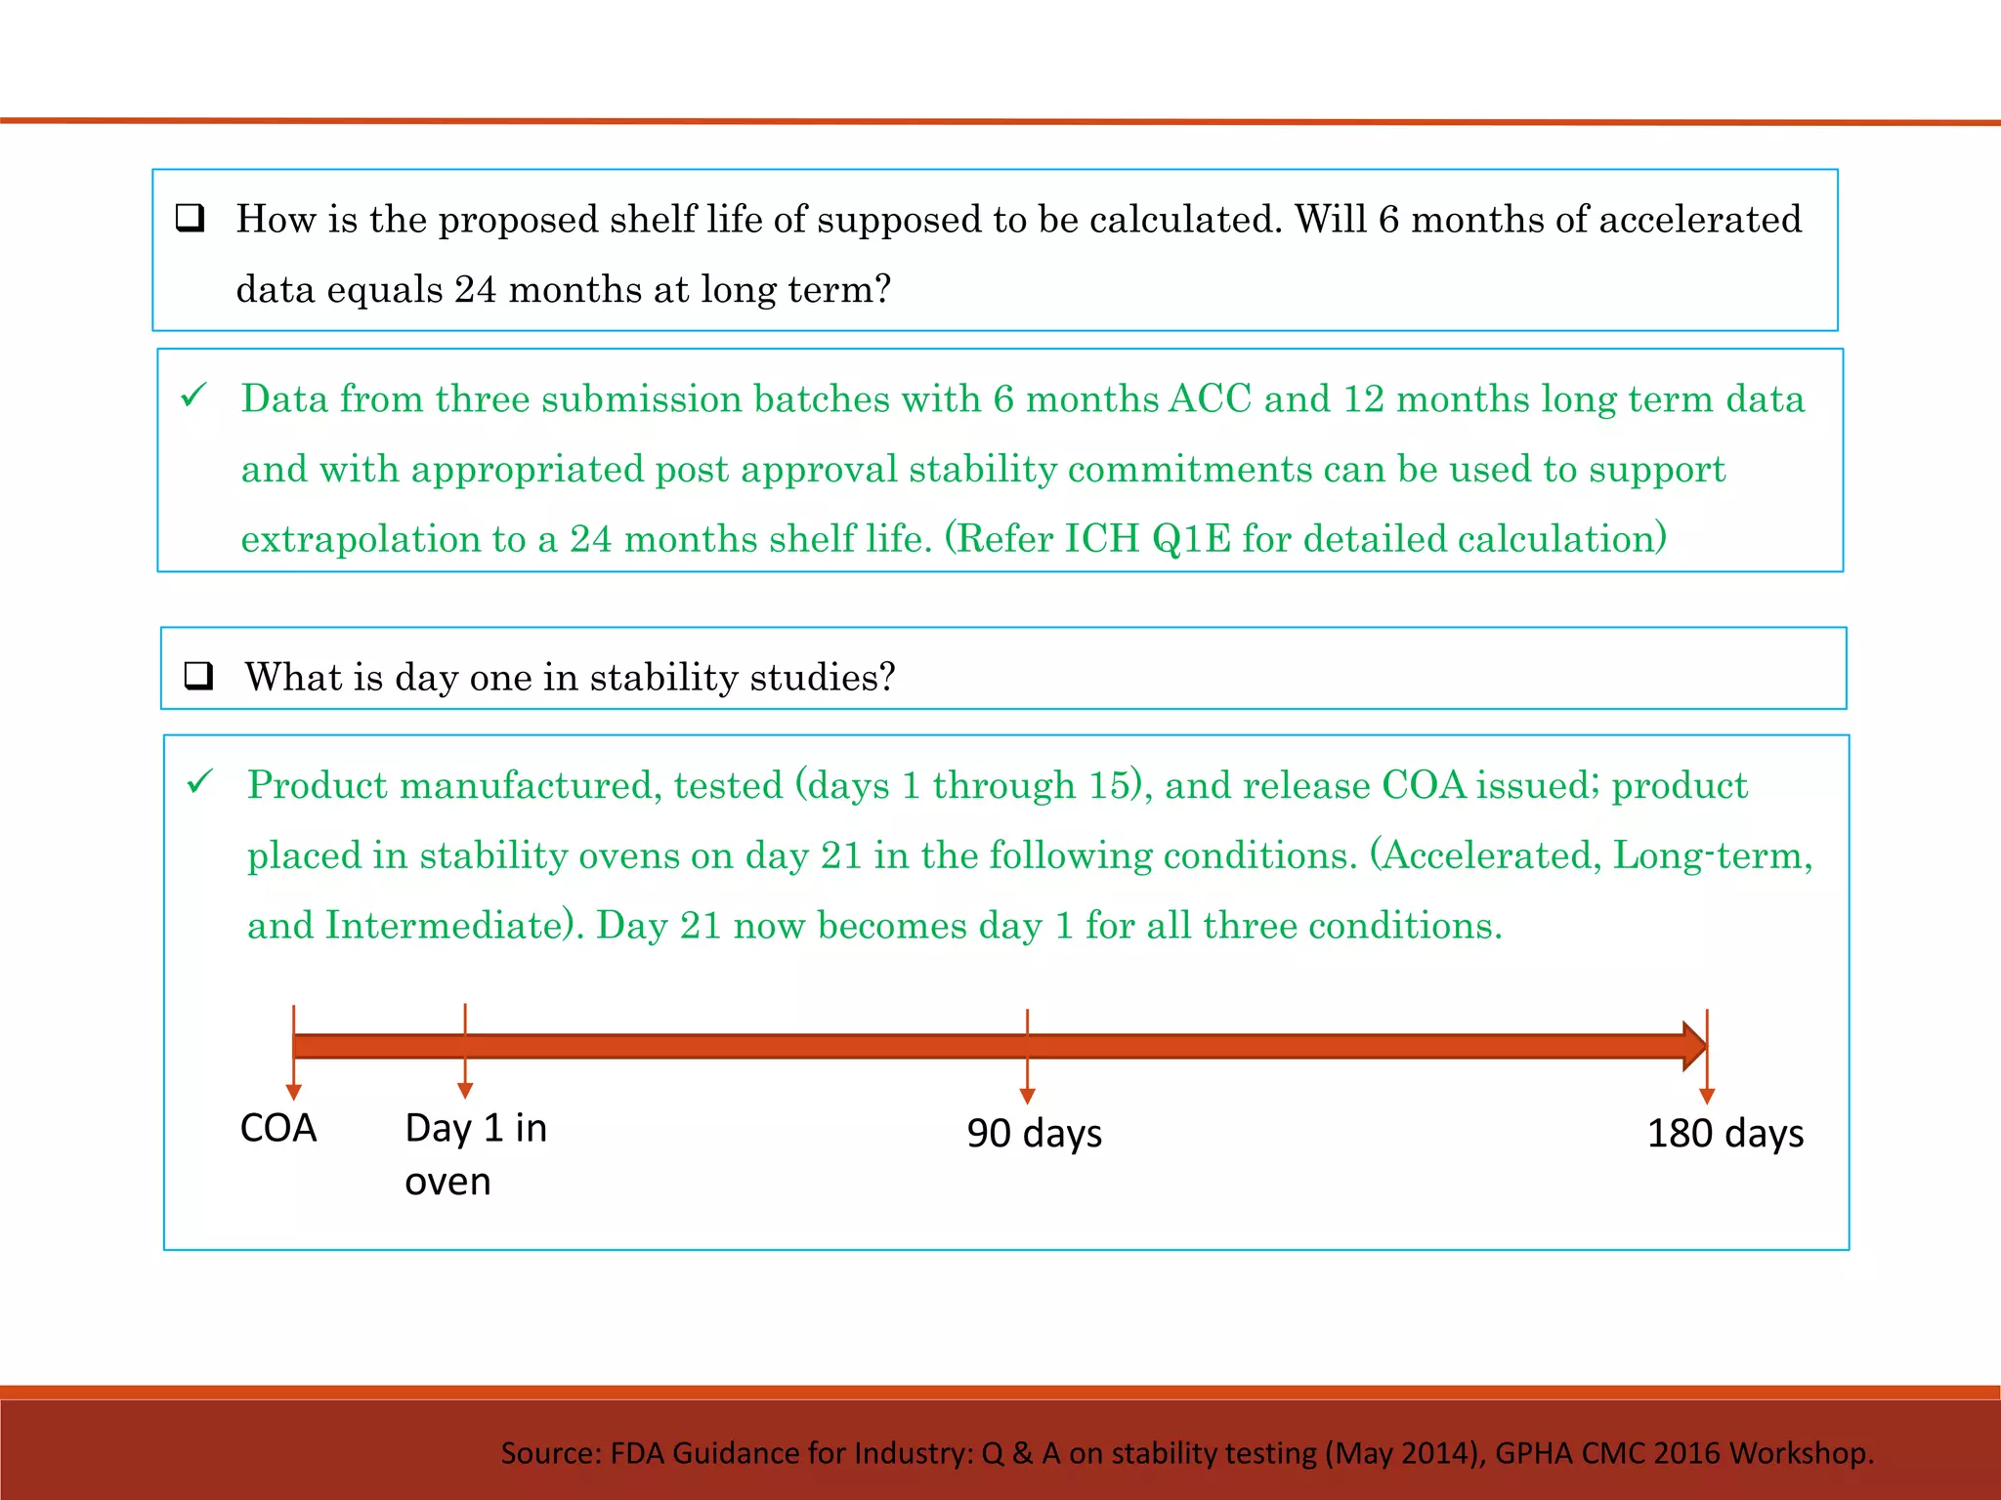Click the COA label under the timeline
(278, 1129)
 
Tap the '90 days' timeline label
(1034, 1134)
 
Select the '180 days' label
(1724, 1134)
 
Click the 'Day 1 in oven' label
(475, 1154)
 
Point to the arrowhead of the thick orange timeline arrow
(1694, 1047)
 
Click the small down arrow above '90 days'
(1027, 1096)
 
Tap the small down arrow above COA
(293, 1092)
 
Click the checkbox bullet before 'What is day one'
(199, 676)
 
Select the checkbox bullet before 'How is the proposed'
(191, 218)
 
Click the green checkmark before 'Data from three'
(194, 396)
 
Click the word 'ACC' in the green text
(1210, 398)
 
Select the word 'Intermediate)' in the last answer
(453, 925)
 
